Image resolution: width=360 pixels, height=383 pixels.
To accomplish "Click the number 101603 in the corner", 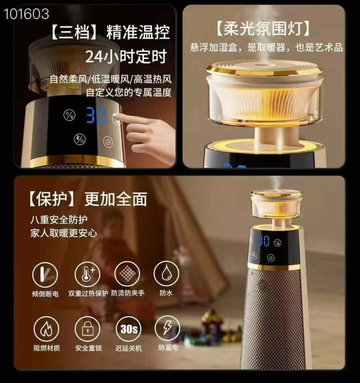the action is pyautogui.click(x=27, y=14).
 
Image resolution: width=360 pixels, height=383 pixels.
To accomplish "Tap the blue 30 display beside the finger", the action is pyautogui.click(x=96, y=116).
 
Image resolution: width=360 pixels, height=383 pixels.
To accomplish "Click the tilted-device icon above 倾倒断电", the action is pyautogui.click(x=45, y=275).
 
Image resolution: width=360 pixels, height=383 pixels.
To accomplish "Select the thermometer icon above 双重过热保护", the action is pyautogui.click(x=87, y=274).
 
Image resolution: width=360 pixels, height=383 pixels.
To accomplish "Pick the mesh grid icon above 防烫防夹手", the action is pyautogui.click(x=127, y=274).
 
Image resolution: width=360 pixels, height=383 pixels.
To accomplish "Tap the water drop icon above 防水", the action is pyautogui.click(x=166, y=273).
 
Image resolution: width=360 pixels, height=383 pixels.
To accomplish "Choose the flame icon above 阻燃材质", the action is pyautogui.click(x=46, y=329).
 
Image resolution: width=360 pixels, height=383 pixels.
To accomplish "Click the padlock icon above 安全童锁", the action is pyautogui.click(x=88, y=329).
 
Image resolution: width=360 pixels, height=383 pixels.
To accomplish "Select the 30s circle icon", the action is pyautogui.click(x=129, y=329).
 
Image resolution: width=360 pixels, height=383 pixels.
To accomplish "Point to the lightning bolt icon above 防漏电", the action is pyautogui.click(x=167, y=328).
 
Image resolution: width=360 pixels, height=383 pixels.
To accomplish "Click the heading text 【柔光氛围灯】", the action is pyautogui.click(x=263, y=29).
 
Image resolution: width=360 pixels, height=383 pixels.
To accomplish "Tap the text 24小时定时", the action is pyautogui.click(x=126, y=57).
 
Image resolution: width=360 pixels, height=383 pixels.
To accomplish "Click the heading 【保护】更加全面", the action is pyautogui.click(x=88, y=199).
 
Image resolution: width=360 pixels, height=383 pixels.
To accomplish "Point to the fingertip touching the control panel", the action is pyautogui.click(x=116, y=116).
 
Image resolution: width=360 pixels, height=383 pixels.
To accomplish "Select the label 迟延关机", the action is pyautogui.click(x=129, y=348).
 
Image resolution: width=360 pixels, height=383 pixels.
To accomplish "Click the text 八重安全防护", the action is pyautogui.click(x=59, y=219).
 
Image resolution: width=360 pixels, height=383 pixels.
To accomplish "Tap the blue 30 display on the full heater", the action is pyautogui.click(x=264, y=240).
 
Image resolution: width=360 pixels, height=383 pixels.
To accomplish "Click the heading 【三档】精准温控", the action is pyautogui.click(x=110, y=32).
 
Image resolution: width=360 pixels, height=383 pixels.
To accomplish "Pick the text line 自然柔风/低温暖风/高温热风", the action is pyautogui.click(x=111, y=79).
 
